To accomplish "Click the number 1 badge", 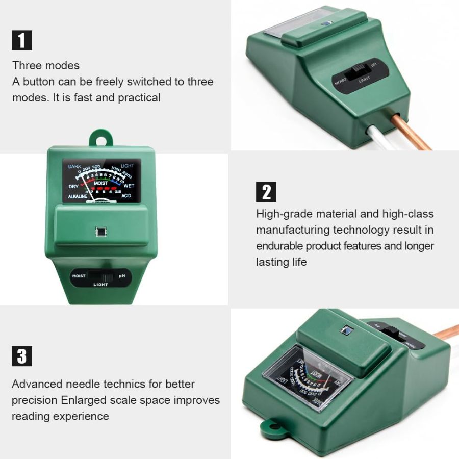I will [x=22, y=40].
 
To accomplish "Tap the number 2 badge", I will [x=266, y=192].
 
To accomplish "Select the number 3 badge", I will [x=22, y=356].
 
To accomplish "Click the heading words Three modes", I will [x=46, y=66].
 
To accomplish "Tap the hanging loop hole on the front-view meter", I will [x=101, y=138].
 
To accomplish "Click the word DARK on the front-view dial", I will [x=74, y=167].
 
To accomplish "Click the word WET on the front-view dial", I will [x=129, y=186].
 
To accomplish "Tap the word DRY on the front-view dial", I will [x=73, y=187].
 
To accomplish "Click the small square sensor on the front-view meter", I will [x=101, y=232].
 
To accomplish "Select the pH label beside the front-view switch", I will [x=122, y=276].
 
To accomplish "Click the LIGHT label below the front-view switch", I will [x=100, y=285].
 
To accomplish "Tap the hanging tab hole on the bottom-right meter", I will [x=270, y=424].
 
